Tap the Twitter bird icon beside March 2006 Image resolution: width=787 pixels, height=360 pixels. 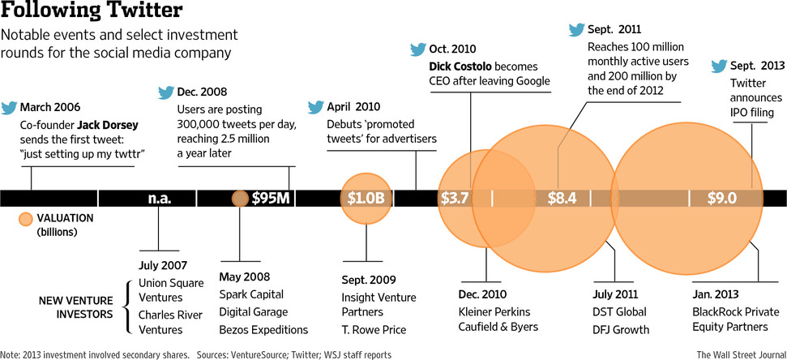pos(9,107)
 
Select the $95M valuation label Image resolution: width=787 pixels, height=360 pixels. pos(272,198)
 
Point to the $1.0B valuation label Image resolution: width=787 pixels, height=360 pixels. pos(366,198)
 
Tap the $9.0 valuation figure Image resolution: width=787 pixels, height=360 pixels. pos(721,198)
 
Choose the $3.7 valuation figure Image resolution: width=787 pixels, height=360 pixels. pos(455,198)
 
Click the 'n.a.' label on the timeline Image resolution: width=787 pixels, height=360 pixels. pos(160,198)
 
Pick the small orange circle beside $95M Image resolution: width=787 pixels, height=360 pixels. pos(240,198)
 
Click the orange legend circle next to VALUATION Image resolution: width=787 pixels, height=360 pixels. pos(26,219)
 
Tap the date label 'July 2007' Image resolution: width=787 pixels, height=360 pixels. pos(163,265)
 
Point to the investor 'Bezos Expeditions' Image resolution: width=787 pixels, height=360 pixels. pos(263,329)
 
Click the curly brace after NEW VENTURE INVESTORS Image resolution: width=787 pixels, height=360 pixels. pos(126,307)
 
